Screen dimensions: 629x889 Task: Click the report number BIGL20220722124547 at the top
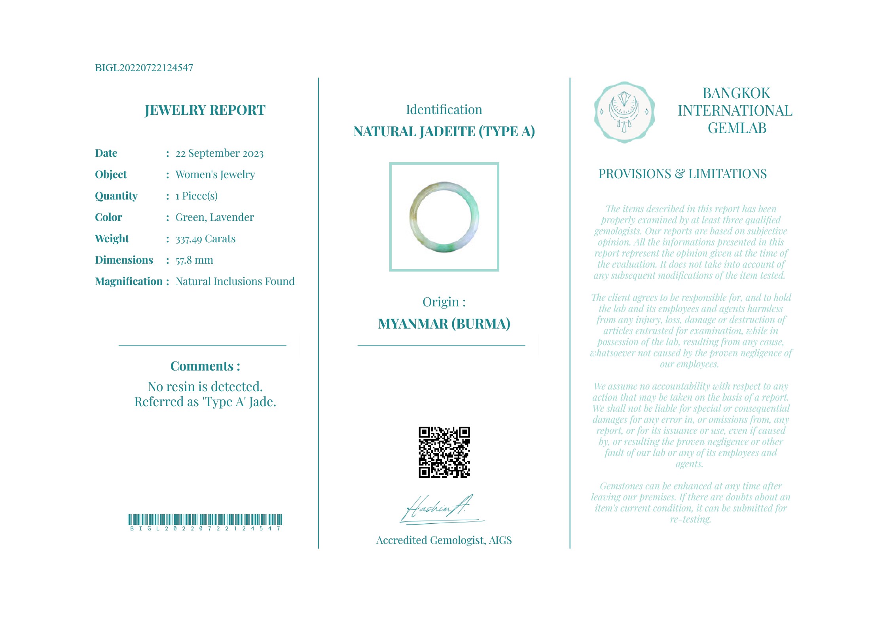pyautogui.click(x=144, y=68)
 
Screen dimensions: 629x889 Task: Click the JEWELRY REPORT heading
pyautogui.click(x=205, y=110)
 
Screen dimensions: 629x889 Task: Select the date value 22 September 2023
pyautogui.click(x=220, y=153)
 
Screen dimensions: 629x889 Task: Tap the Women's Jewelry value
pyautogui.click(x=215, y=175)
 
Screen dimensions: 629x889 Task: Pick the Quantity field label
pyautogui.click(x=116, y=196)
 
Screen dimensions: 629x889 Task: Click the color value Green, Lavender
pyautogui.click(x=215, y=217)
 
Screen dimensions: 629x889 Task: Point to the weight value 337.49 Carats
pyautogui.click(x=205, y=239)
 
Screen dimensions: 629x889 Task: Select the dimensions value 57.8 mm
pyautogui.click(x=194, y=260)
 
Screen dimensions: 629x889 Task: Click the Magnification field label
pyautogui.click(x=129, y=281)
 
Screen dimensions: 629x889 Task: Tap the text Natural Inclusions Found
pyautogui.click(x=235, y=281)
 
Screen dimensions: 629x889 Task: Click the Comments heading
pyautogui.click(x=205, y=366)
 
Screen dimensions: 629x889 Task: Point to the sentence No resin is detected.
pyautogui.click(x=205, y=386)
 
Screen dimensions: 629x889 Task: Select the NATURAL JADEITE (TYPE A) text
pyautogui.click(x=444, y=131)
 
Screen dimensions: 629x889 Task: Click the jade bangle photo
pyautogui.click(x=444, y=217)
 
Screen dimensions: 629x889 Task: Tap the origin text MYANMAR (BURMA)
pyautogui.click(x=444, y=324)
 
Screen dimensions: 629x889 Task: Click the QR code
pyautogui.click(x=444, y=452)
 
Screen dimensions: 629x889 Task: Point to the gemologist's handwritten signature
pyautogui.click(x=439, y=509)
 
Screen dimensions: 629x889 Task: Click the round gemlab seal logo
pyautogui.click(x=624, y=112)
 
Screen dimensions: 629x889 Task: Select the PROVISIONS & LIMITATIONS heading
pyautogui.click(x=682, y=174)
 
